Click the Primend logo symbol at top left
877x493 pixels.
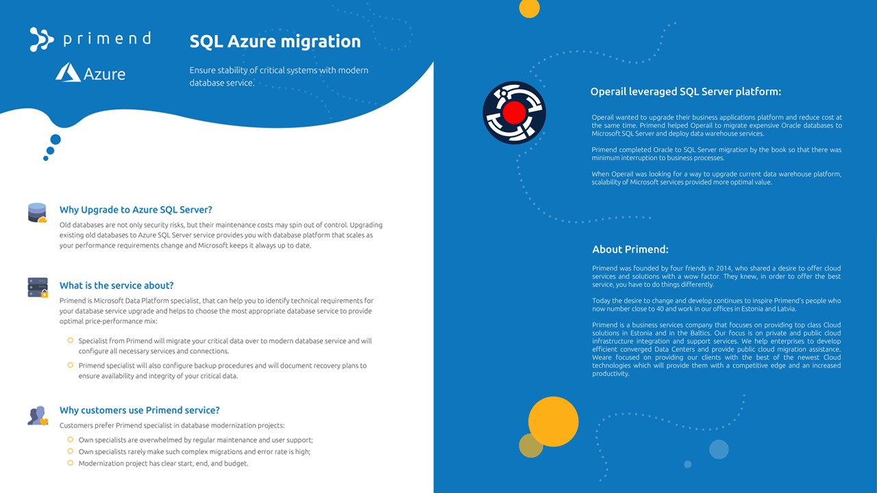(x=41, y=39)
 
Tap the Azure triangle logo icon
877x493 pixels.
(x=68, y=73)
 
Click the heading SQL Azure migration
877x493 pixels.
(x=275, y=41)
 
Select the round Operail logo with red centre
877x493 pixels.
(x=514, y=112)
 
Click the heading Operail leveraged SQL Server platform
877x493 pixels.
(x=685, y=92)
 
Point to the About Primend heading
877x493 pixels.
(x=630, y=249)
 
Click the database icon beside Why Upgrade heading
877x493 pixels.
(x=37, y=212)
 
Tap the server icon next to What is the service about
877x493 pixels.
(x=38, y=288)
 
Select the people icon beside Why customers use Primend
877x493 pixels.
(x=38, y=415)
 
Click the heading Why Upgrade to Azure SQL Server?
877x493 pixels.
(x=136, y=210)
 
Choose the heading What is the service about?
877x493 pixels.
(x=116, y=286)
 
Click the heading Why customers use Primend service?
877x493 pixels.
(x=139, y=410)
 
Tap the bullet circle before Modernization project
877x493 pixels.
(x=70, y=463)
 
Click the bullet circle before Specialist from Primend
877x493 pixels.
(x=70, y=340)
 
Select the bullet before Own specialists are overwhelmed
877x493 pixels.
(x=70, y=440)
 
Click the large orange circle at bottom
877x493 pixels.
(x=553, y=422)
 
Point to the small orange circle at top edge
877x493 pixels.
(x=530, y=8)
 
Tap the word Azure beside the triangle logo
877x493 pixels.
(x=104, y=73)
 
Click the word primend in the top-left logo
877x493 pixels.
(x=107, y=38)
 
